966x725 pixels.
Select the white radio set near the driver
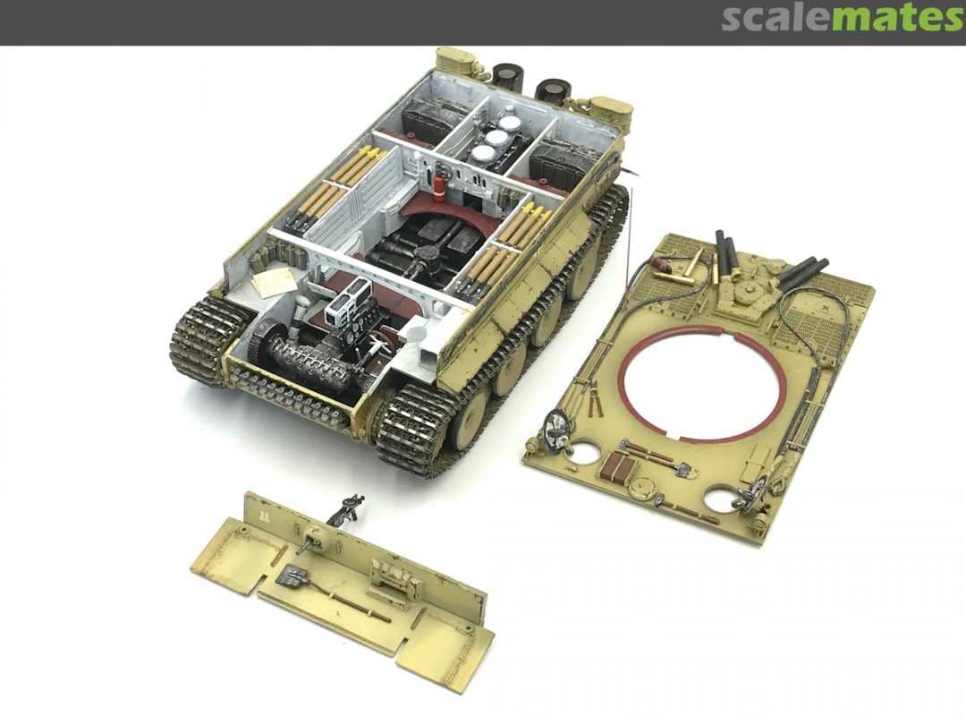(x=348, y=303)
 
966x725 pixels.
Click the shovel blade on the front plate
(x=290, y=576)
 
